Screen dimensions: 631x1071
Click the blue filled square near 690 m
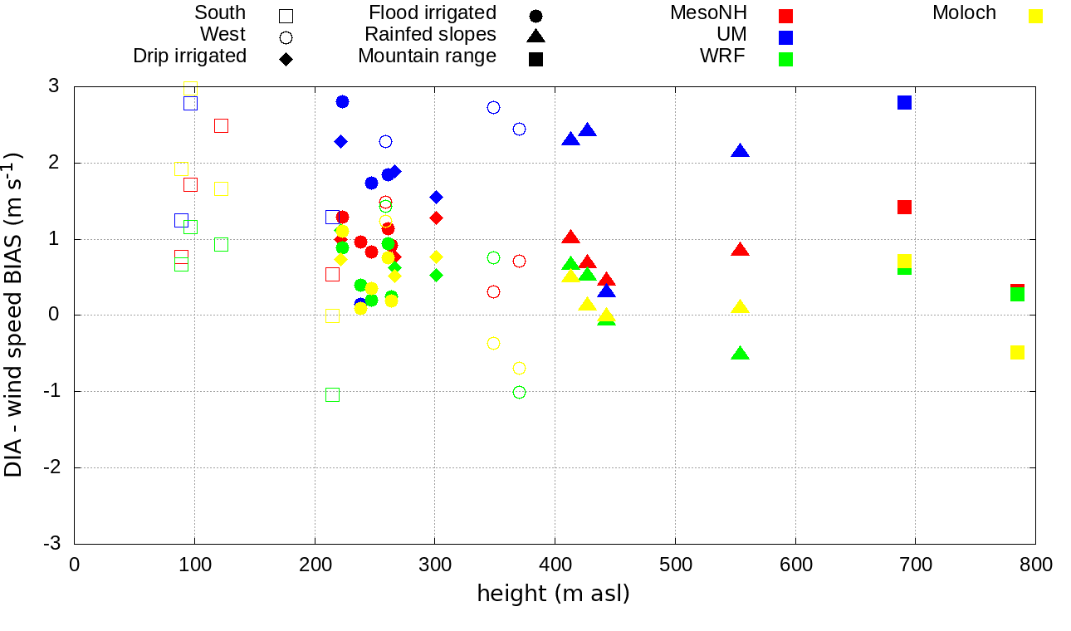904,102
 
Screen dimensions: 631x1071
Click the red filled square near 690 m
904,207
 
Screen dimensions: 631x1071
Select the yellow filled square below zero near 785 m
1017,352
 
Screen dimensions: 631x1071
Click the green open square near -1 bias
332,394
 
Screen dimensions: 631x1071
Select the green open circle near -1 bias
519,392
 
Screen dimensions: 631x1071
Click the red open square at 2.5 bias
221,125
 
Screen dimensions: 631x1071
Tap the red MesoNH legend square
785,16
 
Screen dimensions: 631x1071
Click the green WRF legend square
785,59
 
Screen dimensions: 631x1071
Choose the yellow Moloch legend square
1035,16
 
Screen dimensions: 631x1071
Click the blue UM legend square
785,37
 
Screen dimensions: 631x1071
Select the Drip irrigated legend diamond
286,59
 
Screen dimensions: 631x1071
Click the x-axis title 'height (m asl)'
553,594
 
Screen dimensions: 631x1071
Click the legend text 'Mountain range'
427,56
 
